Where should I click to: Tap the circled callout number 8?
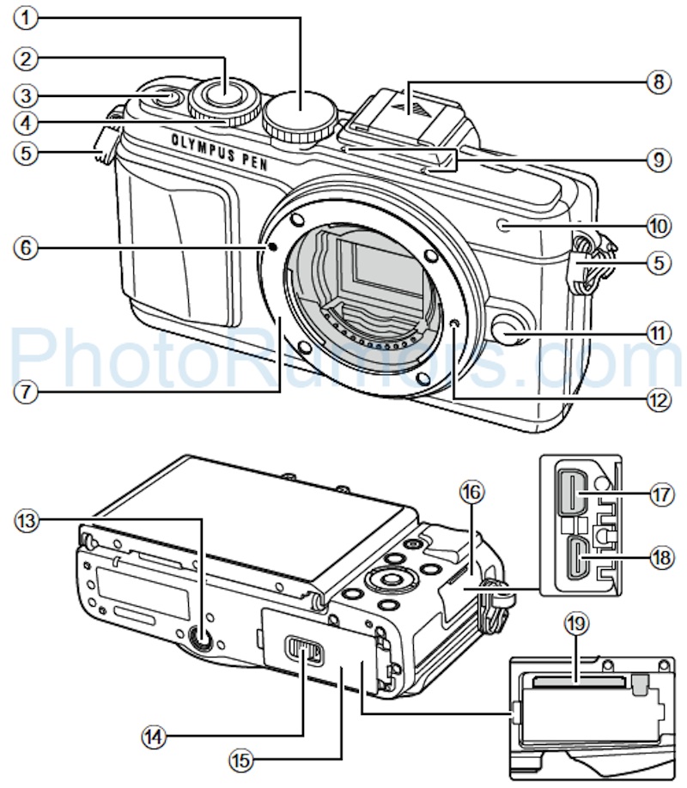658,84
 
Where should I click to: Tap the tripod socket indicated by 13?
202,639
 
